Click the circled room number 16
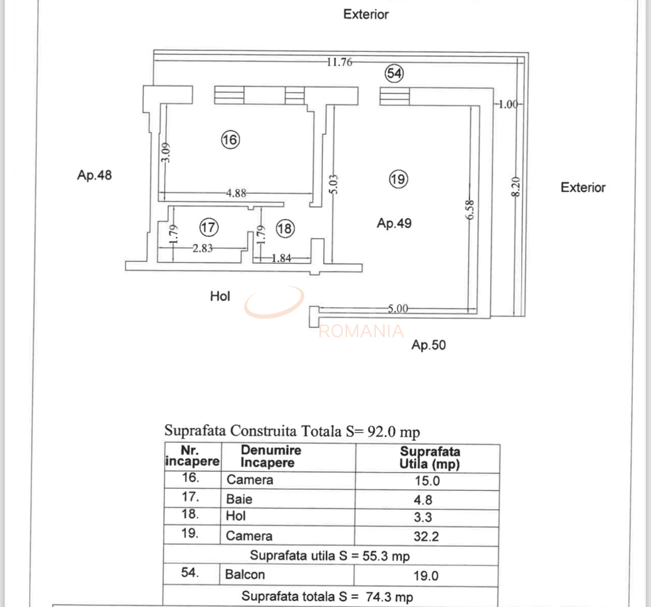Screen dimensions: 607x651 point(230,139)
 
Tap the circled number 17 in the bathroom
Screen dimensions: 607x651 point(208,227)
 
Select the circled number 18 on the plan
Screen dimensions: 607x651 point(285,229)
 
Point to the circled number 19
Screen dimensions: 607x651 point(398,179)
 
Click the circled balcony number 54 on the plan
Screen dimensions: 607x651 point(394,73)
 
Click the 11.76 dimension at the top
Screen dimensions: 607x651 point(339,62)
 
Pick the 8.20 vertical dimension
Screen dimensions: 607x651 point(515,187)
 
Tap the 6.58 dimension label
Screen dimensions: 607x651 point(470,209)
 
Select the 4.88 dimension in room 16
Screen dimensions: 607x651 point(236,193)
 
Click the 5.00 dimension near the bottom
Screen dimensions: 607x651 point(398,308)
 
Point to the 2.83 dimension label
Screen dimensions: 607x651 point(202,248)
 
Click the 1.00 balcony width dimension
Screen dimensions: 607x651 point(508,105)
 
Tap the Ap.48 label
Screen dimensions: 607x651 point(94,175)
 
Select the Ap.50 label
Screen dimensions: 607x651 point(428,345)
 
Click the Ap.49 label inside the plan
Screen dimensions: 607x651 point(394,223)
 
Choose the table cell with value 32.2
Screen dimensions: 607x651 point(426,536)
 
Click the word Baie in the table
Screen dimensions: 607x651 point(239,499)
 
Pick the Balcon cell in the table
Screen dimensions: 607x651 point(245,575)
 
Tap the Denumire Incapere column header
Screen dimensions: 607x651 point(270,457)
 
